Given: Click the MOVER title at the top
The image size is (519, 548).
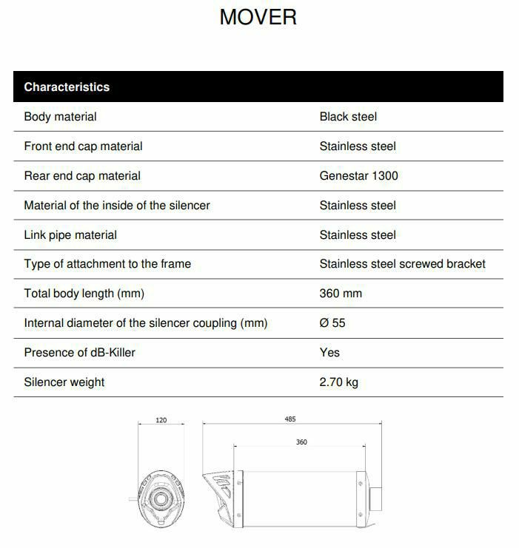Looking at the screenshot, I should tap(258, 17).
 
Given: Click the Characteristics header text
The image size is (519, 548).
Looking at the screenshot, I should tap(67, 87).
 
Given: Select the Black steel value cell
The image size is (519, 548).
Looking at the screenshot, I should tap(348, 117).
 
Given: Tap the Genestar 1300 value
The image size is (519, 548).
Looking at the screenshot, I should tap(359, 176).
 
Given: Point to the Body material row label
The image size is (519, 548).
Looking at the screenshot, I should tap(60, 117).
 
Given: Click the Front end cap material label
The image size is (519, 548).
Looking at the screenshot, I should tap(83, 146).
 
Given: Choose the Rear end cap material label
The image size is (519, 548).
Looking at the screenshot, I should tap(82, 176).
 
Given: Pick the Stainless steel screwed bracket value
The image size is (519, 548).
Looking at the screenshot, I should tap(403, 264).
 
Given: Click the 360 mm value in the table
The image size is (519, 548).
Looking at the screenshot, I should tap(341, 294).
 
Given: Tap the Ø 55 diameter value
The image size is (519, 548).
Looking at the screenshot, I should tap(332, 323).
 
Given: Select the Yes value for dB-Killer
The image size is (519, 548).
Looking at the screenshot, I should tap(329, 353).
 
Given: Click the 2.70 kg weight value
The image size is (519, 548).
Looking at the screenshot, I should tap(339, 382).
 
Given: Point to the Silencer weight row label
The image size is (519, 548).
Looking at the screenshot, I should tap(64, 382).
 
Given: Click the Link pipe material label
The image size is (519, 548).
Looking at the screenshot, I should tap(70, 235).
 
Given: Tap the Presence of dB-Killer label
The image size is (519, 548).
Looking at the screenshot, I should tap(80, 353).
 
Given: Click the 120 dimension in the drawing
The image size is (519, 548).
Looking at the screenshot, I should tap(161, 421).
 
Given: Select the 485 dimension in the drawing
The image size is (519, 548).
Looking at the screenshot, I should tap(290, 419).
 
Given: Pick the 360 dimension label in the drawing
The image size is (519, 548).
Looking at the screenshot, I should tap(301, 442).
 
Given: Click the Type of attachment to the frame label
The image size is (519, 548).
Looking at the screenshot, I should tap(107, 264).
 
